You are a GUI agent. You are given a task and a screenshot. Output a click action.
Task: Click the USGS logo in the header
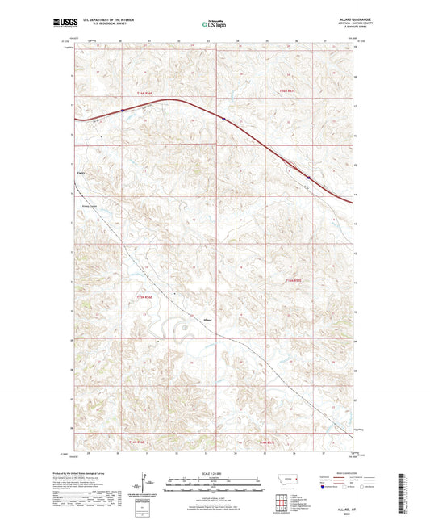[62, 24]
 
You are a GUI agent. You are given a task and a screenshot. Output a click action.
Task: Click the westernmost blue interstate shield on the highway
[122, 111]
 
